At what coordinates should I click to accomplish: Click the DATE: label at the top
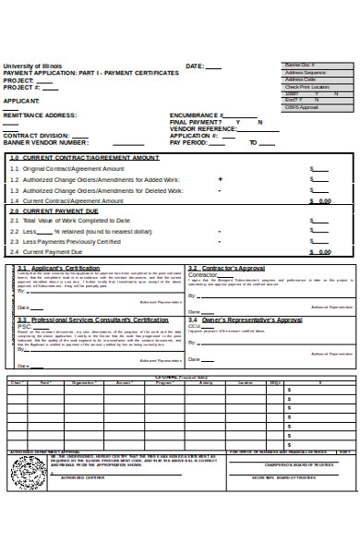click(195, 66)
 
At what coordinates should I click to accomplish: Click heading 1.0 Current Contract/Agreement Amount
click(72, 158)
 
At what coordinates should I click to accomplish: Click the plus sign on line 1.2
click(220, 179)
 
